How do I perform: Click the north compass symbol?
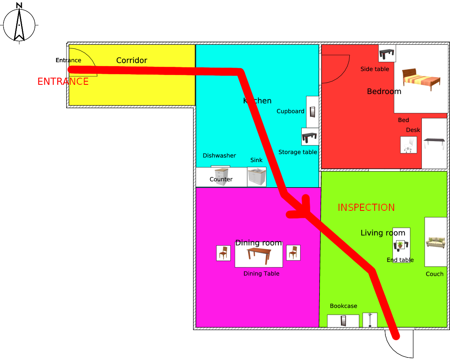[x=19, y=24]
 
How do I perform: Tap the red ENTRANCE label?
[x=63, y=82]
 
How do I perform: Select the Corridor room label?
[x=132, y=60]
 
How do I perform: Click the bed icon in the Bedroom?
[x=421, y=79]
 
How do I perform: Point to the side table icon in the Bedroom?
[x=387, y=53]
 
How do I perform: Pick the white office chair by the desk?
[x=408, y=145]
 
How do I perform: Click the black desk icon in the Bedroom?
[x=434, y=143]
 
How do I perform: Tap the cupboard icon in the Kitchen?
[x=312, y=112]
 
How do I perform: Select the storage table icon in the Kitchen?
[x=310, y=137]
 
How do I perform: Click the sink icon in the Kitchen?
[x=257, y=177]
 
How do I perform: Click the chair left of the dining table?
[x=223, y=253]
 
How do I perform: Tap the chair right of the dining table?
[x=293, y=252]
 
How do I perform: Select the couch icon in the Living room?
[x=435, y=242]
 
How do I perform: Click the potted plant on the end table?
[x=400, y=244]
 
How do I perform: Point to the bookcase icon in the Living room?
[x=343, y=321]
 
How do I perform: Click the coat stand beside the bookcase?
[x=370, y=320]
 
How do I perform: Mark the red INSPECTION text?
[x=366, y=208]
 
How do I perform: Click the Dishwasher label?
[x=219, y=156]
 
